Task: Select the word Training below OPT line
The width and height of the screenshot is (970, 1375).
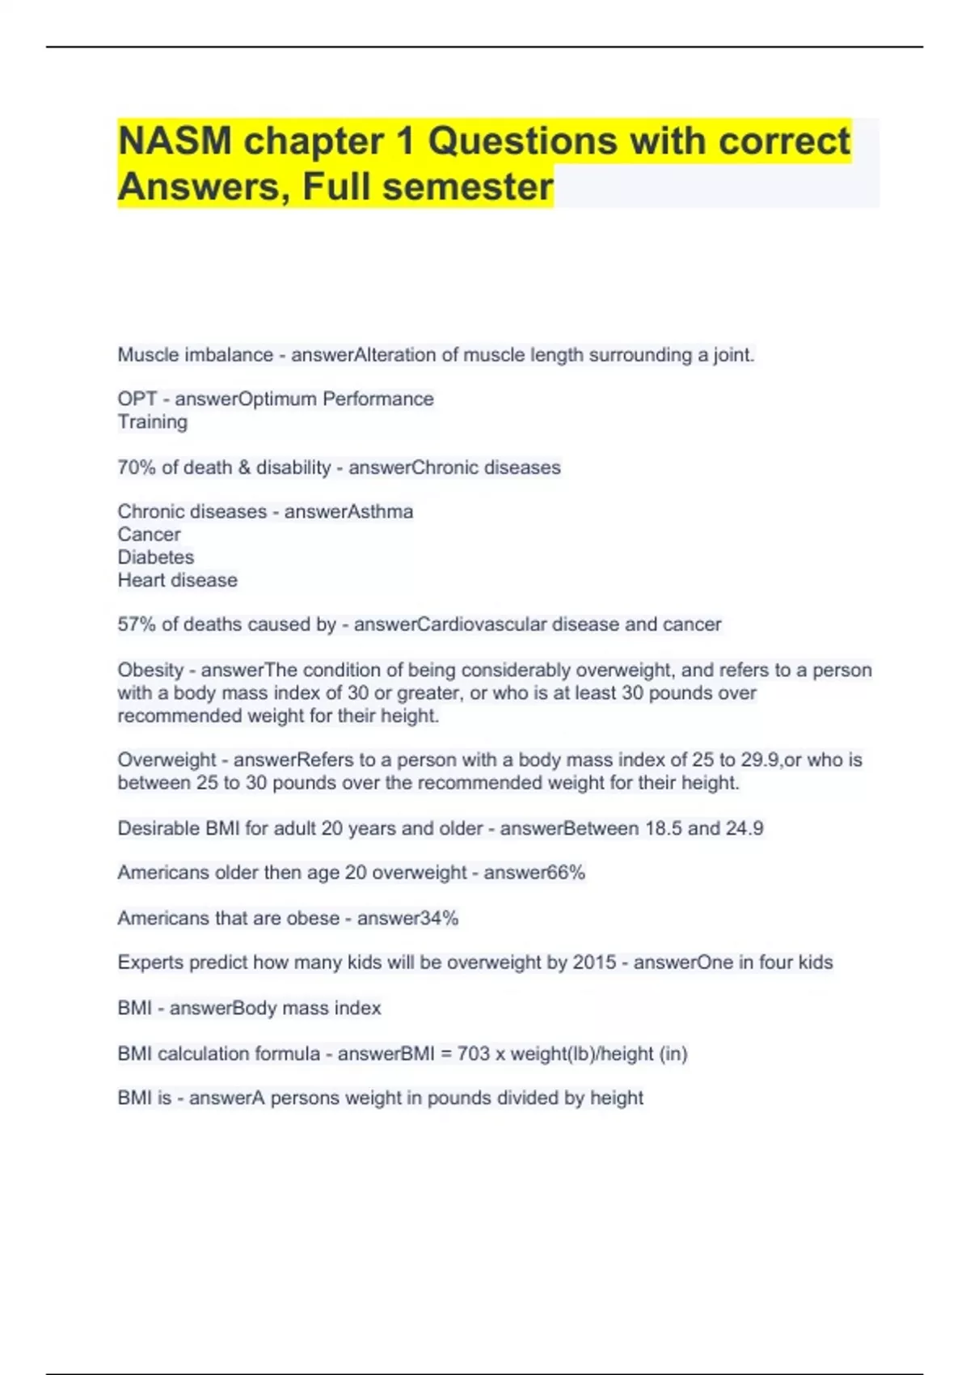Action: [x=153, y=422]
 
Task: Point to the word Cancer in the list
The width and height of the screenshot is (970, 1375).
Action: [x=149, y=535]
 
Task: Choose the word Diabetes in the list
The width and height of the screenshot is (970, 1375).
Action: [x=156, y=557]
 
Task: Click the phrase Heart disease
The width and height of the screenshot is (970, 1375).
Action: [x=178, y=580]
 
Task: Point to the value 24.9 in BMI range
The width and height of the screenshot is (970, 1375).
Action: [x=744, y=828]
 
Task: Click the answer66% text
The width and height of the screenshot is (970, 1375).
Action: [x=534, y=873]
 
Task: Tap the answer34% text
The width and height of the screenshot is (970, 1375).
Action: [x=407, y=918]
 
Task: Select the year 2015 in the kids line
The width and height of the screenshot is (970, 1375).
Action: [x=594, y=962]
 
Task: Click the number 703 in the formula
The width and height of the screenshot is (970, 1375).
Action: [x=474, y=1054]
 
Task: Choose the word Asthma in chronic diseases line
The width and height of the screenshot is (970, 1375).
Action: [x=380, y=512]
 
